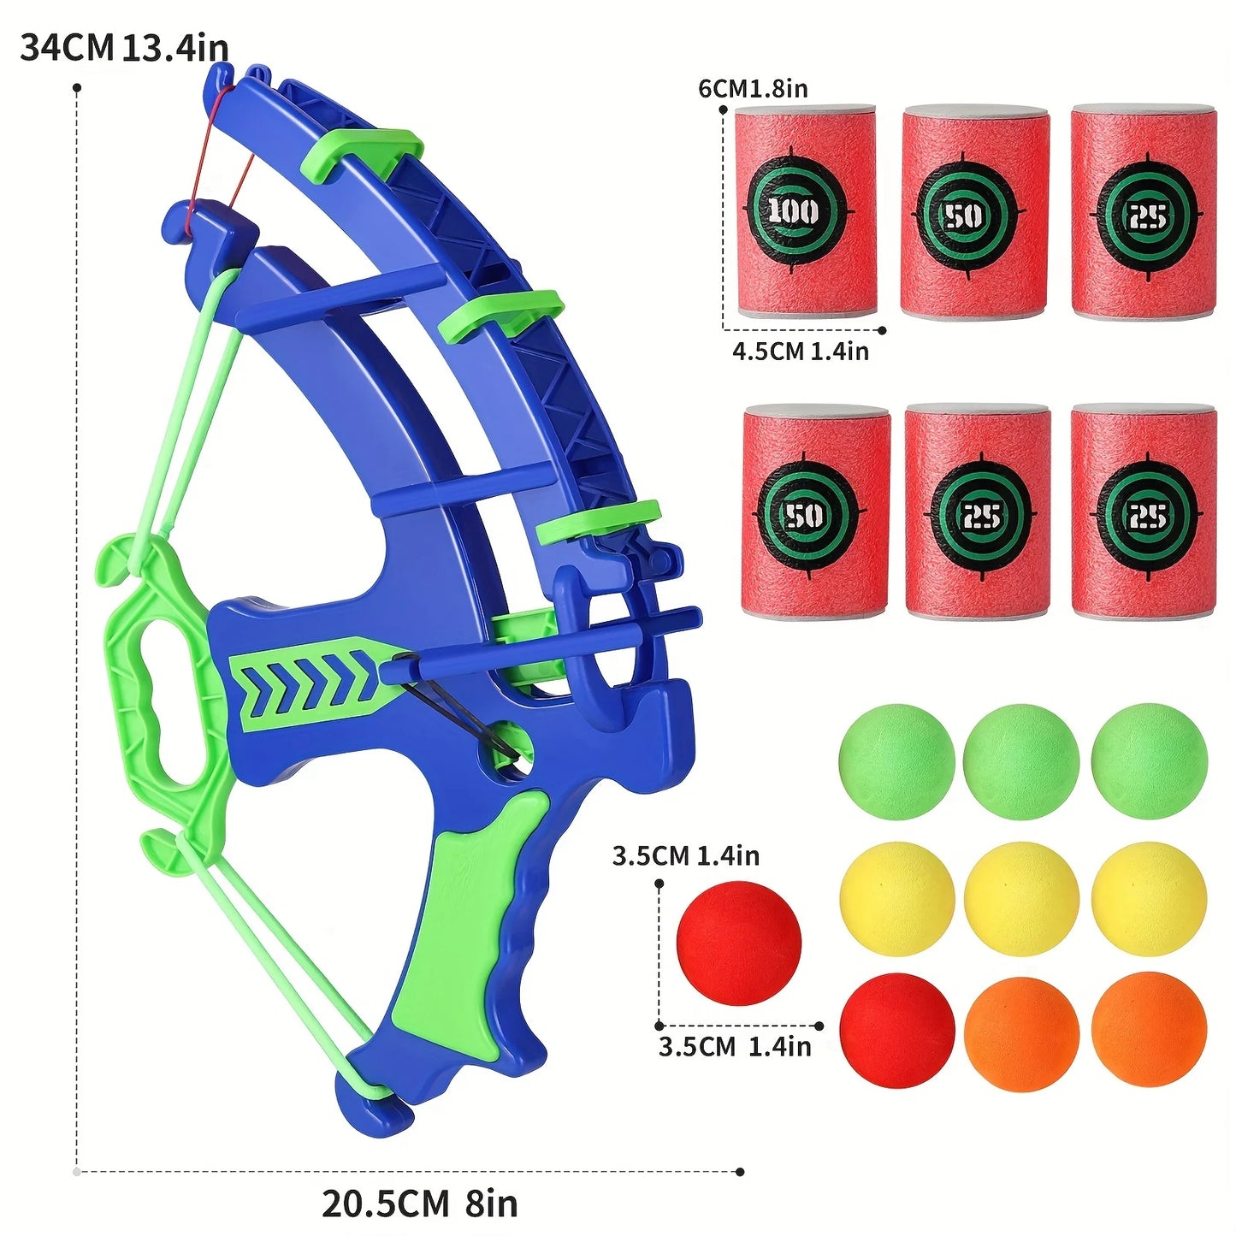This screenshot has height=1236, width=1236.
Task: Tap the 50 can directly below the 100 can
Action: point(815,512)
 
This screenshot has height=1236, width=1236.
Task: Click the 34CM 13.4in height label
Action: point(124,47)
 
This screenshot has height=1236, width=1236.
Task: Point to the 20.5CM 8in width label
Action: point(419,1203)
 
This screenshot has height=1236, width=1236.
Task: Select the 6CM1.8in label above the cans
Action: point(753,88)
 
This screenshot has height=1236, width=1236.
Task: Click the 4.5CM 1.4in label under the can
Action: point(800,351)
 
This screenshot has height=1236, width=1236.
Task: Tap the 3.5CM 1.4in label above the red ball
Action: point(685,855)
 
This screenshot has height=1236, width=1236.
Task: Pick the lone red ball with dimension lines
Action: point(738,943)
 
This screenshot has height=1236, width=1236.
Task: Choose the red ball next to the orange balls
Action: point(896,1031)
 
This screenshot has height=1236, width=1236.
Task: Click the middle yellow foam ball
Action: point(1020,898)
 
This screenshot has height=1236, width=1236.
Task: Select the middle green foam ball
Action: point(1020,761)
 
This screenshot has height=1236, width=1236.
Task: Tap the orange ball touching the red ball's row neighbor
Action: point(1020,1033)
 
